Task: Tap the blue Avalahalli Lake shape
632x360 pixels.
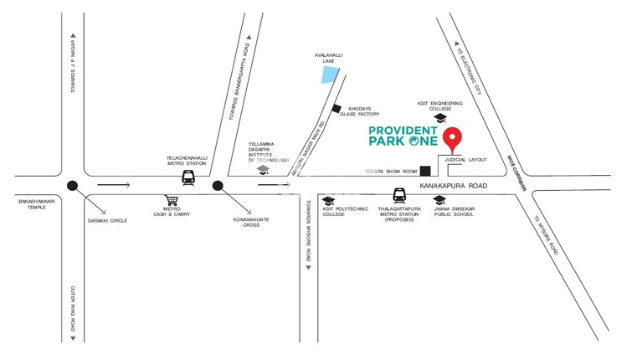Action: coord(331,75)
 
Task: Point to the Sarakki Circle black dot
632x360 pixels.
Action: coord(74,187)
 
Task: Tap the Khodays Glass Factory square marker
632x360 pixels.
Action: coord(337,108)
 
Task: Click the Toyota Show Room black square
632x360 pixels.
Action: coord(424,171)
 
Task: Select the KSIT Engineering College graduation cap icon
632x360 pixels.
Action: coord(440,120)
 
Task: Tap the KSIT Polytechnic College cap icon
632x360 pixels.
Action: coord(329,200)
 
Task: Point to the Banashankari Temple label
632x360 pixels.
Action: coord(35,205)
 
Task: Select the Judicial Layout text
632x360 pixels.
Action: coord(466,158)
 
